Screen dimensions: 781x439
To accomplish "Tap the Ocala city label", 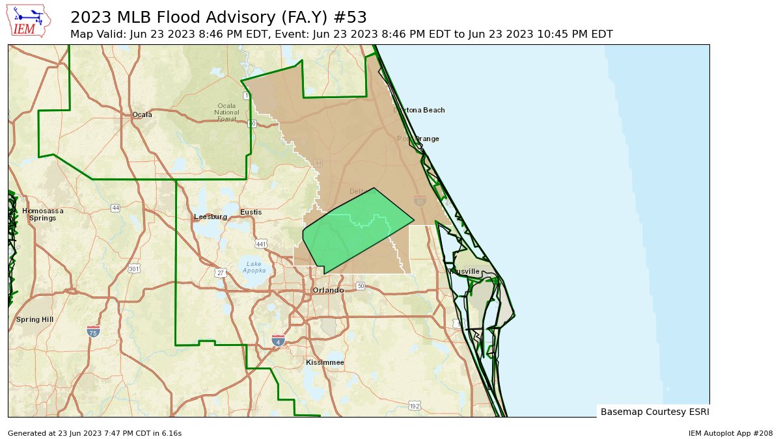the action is pos(142,115).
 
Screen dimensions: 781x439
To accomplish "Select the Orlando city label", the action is pos(328,290).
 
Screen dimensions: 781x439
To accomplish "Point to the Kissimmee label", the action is pos(325,362).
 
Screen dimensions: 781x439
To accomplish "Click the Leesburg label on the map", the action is pos(210,217).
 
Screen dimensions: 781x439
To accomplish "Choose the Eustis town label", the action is pos(251,213).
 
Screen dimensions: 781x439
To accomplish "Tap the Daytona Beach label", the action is pos(420,111).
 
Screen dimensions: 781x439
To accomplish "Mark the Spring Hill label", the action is pos(34,320).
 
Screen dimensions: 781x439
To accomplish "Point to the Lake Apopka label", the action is pos(254,267).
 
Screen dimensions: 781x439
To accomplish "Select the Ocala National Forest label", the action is pos(226,113).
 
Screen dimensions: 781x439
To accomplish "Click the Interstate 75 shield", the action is pos(93,332).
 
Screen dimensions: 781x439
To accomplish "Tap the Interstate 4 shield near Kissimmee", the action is pos(279,340).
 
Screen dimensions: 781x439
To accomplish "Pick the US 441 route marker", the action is pos(261,245).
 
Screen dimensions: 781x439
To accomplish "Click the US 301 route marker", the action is pos(134,269).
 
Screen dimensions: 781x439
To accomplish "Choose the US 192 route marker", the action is pos(414,406).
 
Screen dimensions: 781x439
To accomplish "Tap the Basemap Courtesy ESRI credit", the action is pos(654,412).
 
